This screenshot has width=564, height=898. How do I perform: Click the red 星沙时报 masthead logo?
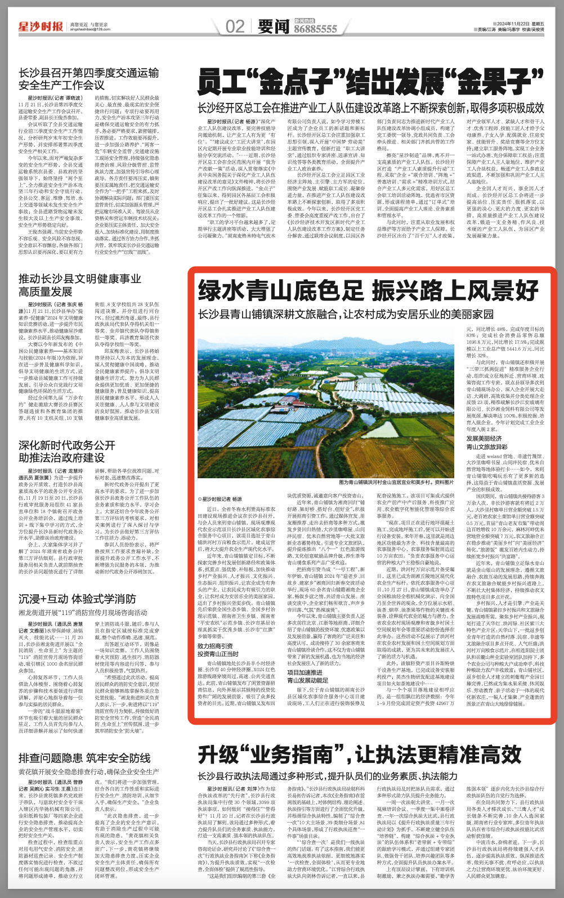[x=40, y=26]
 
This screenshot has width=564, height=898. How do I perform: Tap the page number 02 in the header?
[x=235, y=26]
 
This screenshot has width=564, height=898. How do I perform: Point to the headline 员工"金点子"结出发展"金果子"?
[x=370, y=83]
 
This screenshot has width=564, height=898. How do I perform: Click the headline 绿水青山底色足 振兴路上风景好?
[x=368, y=291]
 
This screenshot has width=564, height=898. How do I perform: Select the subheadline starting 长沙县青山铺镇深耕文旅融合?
[x=346, y=314]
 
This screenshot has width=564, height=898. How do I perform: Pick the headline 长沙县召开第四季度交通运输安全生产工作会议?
[x=88, y=79]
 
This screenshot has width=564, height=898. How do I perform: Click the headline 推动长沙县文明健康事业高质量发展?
[x=79, y=285]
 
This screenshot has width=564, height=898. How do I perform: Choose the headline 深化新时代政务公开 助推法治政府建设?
[x=66, y=451]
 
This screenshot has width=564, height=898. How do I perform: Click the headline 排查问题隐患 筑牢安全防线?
[x=84, y=758]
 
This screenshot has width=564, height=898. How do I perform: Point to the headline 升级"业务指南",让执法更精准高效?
[x=360, y=755]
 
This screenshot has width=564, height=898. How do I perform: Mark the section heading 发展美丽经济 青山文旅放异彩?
[x=486, y=443]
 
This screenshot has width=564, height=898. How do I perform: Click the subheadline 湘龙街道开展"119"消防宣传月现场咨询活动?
[x=83, y=613]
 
